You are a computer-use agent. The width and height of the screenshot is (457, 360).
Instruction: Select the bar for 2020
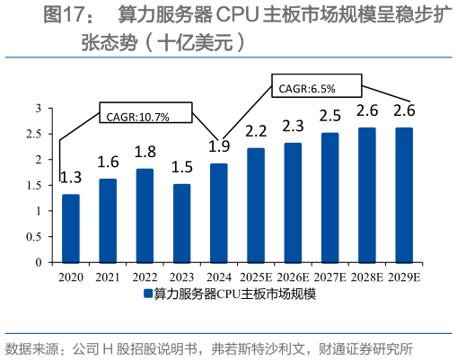click(70, 229)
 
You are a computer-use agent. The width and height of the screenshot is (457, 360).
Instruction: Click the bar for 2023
click(181, 224)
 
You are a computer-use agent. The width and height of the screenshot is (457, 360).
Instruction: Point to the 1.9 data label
click(217, 146)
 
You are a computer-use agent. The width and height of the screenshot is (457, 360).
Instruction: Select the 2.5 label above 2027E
click(330, 116)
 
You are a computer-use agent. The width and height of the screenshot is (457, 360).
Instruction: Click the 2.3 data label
click(293, 127)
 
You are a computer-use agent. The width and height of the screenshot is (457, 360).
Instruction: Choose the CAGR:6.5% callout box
click(315, 87)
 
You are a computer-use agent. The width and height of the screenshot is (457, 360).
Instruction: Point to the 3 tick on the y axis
click(39, 108)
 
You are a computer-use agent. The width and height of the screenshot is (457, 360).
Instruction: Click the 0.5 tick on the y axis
click(35, 238)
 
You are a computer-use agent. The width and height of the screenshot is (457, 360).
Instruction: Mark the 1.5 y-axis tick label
click(35, 186)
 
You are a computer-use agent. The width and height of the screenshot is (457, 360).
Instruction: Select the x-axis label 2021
click(108, 276)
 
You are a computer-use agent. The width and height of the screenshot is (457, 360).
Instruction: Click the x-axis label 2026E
click(294, 276)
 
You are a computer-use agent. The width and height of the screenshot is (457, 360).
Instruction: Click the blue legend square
click(146, 294)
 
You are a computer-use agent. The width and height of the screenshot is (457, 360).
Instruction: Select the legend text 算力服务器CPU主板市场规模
click(234, 294)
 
